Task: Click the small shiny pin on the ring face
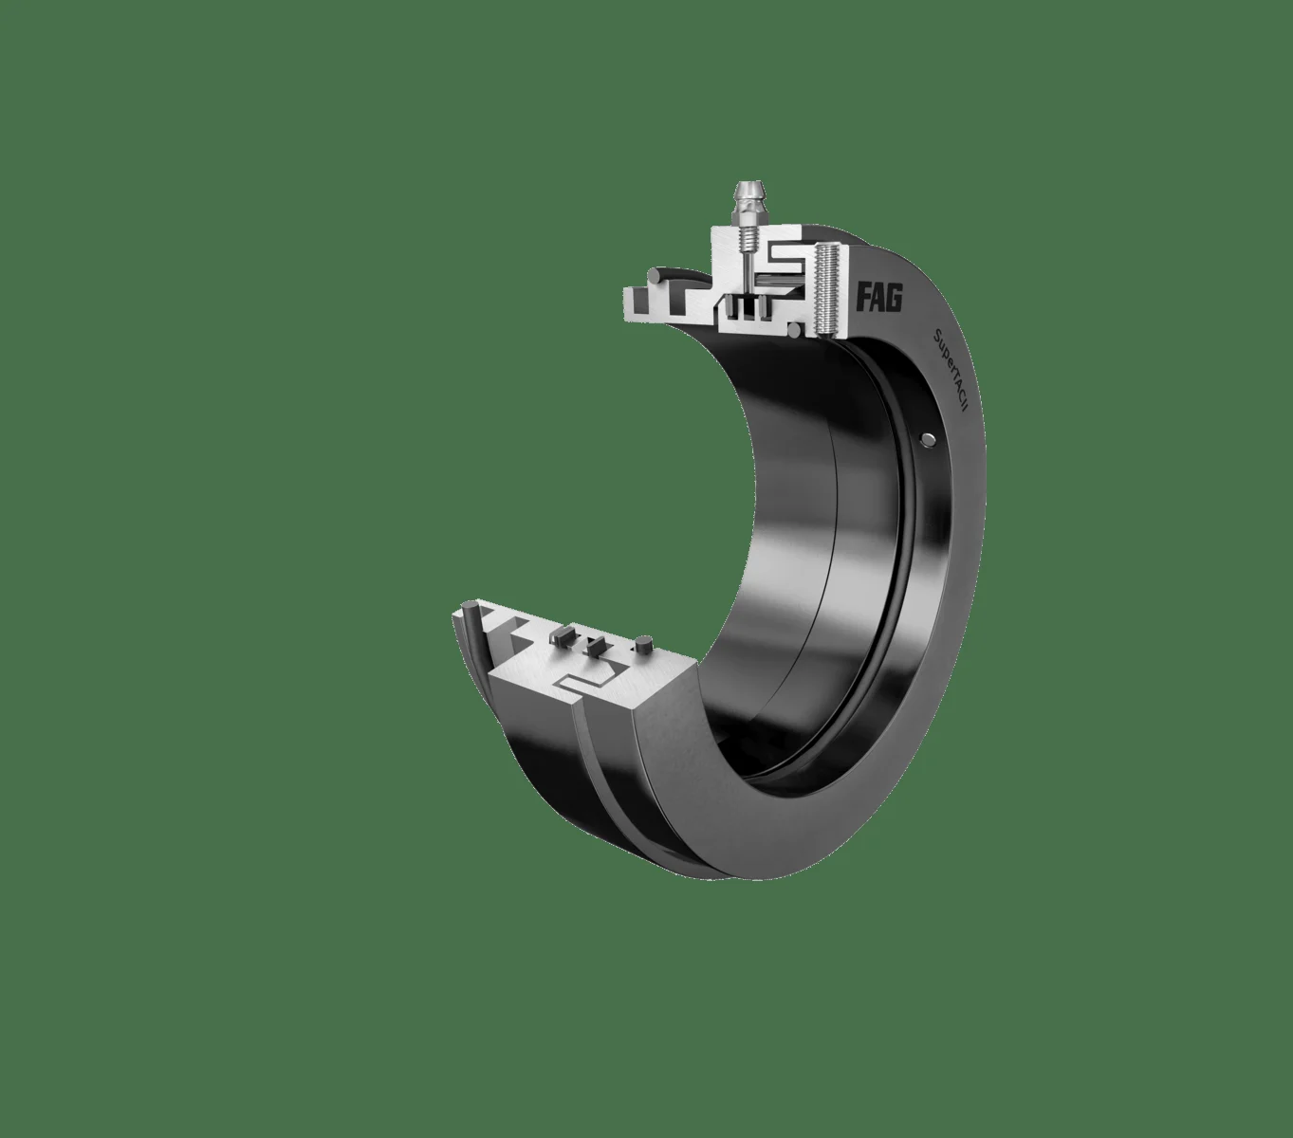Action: pos(928,437)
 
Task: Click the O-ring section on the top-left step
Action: pos(657,276)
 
